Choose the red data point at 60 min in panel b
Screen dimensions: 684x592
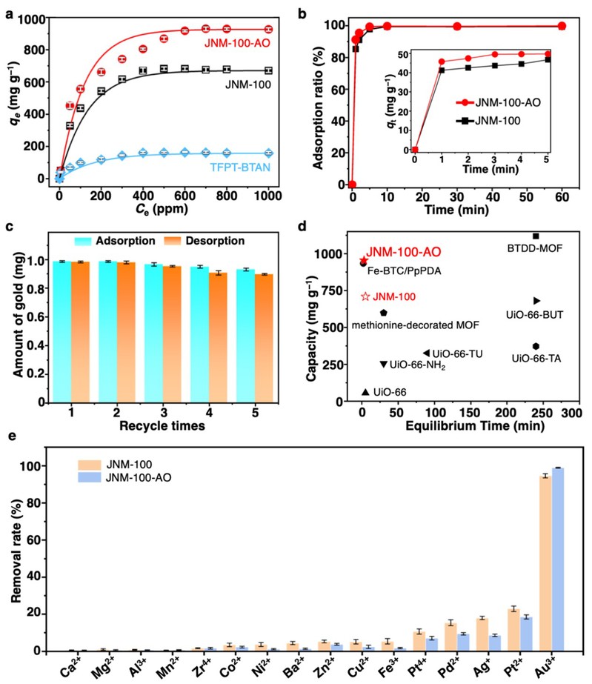(x=562, y=26)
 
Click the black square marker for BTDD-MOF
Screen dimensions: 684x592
(x=536, y=236)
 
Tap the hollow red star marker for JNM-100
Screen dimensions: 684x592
(x=365, y=297)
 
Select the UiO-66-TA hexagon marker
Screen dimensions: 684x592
(x=536, y=346)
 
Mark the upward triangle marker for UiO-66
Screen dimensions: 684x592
(x=365, y=391)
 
